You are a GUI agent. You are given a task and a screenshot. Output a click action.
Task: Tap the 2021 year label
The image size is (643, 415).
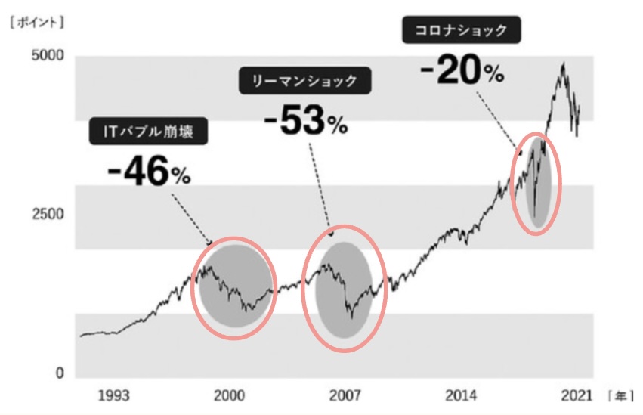coord(576,395)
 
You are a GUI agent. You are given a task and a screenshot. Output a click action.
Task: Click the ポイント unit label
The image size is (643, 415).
coord(37,23)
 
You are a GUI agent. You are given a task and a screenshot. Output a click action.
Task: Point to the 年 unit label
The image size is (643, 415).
coord(619,395)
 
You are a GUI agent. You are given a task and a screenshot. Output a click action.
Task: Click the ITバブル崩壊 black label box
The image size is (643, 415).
coord(148,132)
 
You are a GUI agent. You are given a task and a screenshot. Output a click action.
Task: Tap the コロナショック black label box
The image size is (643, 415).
coord(459,31)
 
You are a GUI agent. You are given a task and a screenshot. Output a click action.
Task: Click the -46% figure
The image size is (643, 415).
coord(149,172)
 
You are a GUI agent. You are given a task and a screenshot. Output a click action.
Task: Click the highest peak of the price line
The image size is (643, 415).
coord(562,64)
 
